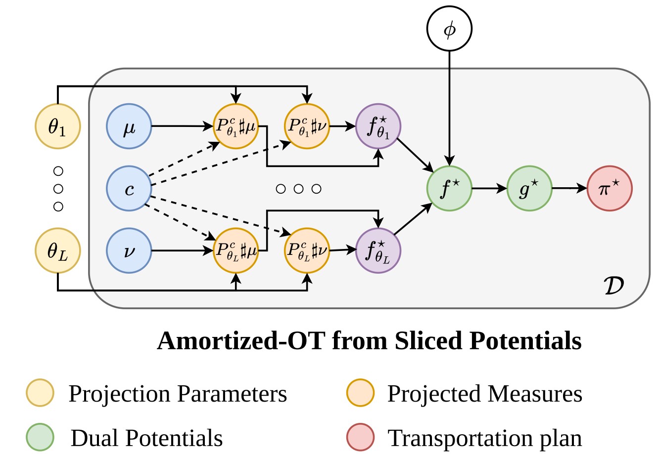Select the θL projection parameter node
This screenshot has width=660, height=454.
57,250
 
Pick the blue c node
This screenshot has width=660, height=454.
129,188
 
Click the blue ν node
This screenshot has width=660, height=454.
129,250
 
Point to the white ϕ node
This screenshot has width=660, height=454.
449,30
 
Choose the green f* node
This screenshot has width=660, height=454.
449,188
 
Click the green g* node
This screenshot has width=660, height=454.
529,188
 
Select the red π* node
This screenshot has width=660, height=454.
610,188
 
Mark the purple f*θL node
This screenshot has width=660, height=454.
378,250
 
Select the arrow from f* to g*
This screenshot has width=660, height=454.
489,188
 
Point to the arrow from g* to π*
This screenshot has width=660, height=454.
569,188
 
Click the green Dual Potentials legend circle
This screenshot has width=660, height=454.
40,438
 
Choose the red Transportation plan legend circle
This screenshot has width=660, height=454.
360,438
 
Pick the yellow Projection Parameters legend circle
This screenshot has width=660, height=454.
40,393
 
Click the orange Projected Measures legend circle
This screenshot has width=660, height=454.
360,393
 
